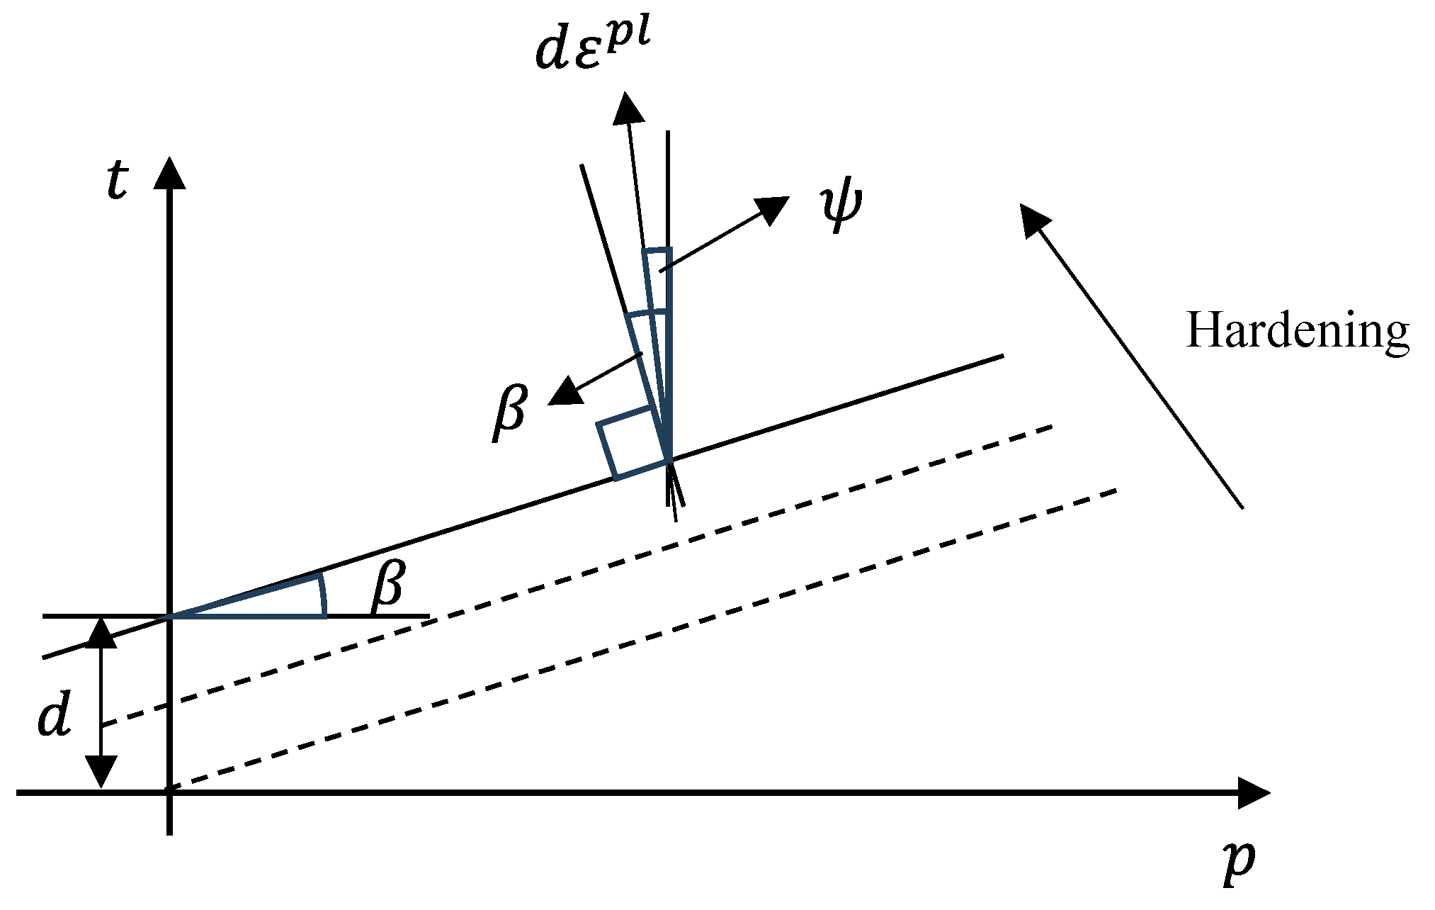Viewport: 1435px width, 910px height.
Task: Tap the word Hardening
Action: [x=1297, y=330]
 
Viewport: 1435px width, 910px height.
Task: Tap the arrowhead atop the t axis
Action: [x=169, y=172]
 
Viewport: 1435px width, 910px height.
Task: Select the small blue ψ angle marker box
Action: [x=657, y=279]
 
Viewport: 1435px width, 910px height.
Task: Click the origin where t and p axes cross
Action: [x=169, y=793]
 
